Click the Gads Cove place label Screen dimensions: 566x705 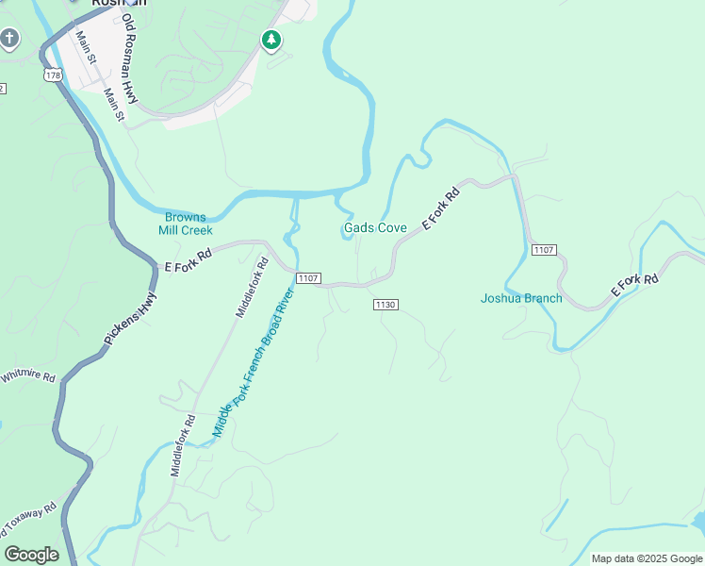click(375, 228)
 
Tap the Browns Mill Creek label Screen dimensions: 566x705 click(186, 224)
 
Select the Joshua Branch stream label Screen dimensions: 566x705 click(521, 299)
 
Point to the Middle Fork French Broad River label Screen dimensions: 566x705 click(254, 362)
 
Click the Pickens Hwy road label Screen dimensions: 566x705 click(131, 319)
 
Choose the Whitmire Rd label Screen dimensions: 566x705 click(27, 377)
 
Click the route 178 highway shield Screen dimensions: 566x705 click(52, 74)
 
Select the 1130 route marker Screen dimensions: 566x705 click(385, 305)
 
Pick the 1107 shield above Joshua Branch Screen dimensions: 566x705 click(544, 250)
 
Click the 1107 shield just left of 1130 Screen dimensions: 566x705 click(309, 278)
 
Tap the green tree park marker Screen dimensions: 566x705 click(271, 40)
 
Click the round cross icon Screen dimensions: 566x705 click(9, 39)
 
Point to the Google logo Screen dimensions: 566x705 click(31, 555)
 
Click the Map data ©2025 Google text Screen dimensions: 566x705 click(648, 558)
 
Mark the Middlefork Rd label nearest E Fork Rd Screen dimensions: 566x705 click(253, 289)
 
